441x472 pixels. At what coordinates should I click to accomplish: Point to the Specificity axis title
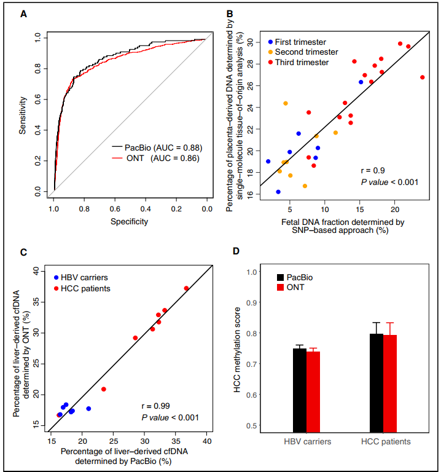tap(130, 221)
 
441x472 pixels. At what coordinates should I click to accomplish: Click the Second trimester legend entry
tap(302, 52)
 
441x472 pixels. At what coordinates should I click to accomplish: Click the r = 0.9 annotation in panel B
tap(372, 170)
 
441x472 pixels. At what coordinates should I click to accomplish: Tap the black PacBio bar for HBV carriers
tap(299, 390)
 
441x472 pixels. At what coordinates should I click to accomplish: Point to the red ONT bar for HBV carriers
tap(313, 391)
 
